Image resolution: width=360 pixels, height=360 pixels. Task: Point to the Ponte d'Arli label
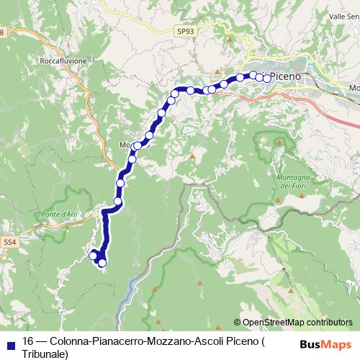(60, 214)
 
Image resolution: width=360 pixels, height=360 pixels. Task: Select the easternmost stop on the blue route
(267, 78)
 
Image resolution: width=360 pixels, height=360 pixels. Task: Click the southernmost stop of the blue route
(102, 263)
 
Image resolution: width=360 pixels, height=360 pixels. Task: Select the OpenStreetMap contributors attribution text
(297, 322)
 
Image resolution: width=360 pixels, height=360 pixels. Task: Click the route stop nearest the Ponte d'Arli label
(117, 201)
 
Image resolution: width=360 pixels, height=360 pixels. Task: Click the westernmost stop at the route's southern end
(92, 255)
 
